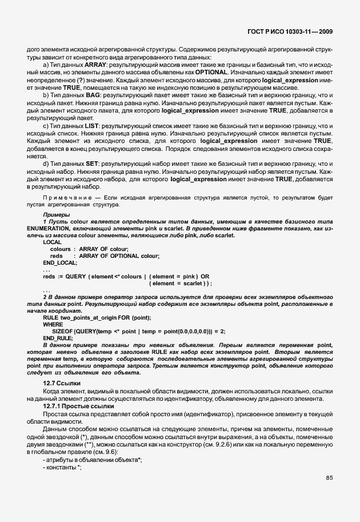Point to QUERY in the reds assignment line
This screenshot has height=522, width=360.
tap(77, 276)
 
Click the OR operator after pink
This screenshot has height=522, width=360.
tap(205, 276)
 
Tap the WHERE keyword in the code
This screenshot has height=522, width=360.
tap(53, 324)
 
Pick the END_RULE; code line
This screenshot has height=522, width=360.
tap(58, 338)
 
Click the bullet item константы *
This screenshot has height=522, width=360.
tap(63, 467)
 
